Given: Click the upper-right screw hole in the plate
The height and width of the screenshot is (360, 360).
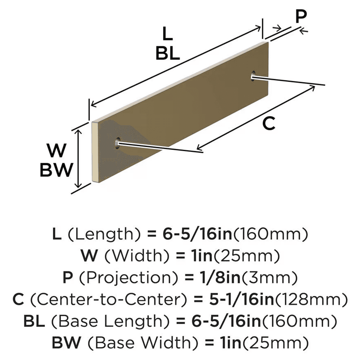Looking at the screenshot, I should tap(254, 76).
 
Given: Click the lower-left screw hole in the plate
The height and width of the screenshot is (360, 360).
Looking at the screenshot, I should tap(117, 143).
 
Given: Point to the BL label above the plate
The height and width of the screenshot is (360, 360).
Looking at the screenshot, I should tap(167, 54).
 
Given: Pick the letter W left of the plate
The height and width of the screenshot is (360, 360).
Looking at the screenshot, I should tap(57, 151).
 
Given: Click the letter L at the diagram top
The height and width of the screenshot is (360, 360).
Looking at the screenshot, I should tap(167, 35).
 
